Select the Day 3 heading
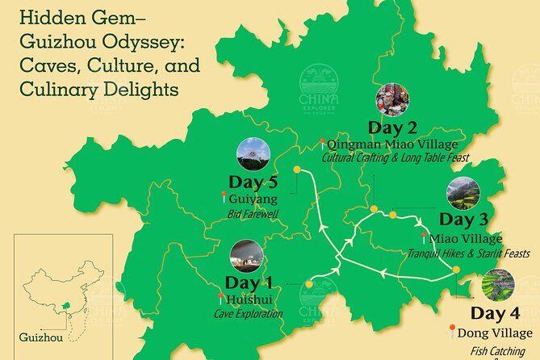466,220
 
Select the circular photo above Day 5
253,154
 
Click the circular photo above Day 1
246,256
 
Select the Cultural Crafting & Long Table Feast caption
396,158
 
